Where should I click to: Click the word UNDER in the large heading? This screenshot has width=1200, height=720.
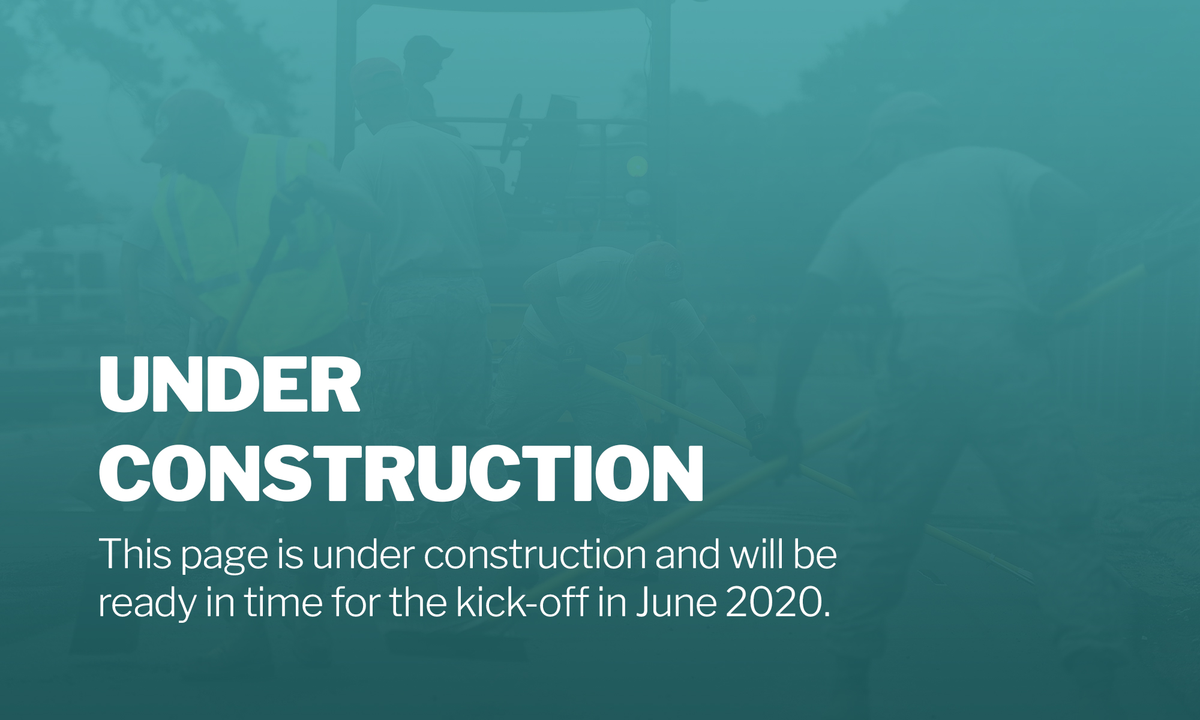tap(230, 385)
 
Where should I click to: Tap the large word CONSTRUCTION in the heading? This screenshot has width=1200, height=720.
tap(401, 473)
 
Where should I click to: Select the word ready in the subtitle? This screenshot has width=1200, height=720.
tap(148, 603)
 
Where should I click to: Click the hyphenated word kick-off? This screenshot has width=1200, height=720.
tap(521, 601)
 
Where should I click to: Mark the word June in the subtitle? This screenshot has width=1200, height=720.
tap(676, 601)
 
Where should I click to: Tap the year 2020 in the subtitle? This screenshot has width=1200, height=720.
tap(774, 601)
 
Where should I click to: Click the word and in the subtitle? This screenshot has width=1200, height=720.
tap(688, 554)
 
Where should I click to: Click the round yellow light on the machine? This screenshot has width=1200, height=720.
tap(637, 166)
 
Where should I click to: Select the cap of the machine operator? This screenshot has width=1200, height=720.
tap(427, 48)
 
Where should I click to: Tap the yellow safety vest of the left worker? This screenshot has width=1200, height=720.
tap(252, 240)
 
